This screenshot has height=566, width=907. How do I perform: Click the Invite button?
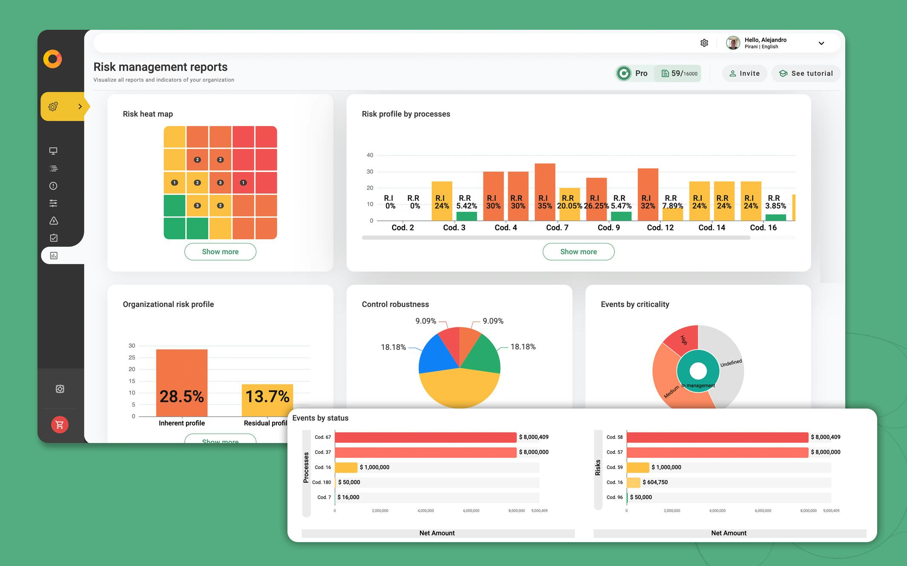tap(744, 74)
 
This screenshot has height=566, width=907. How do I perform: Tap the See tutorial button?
tap(806, 74)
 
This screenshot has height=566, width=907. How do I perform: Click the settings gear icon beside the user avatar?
tap(704, 43)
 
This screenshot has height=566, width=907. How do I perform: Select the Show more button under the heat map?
tap(220, 252)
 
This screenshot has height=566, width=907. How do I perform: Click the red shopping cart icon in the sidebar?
tap(60, 424)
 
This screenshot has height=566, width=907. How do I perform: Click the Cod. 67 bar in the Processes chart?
tap(425, 437)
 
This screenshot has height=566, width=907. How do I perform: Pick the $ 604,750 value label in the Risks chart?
tap(655, 482)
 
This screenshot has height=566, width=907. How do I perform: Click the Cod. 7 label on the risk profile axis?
tap(557, 228)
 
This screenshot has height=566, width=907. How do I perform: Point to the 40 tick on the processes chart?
tap(370, 155)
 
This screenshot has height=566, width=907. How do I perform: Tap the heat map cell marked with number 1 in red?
tap(243, 183)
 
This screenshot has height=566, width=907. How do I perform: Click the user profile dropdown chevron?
tap(821, 43)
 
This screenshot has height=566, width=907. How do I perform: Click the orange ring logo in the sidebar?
tap(53, 59)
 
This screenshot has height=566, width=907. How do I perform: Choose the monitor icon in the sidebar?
tap(53, 151)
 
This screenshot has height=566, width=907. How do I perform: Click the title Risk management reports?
tap(161, 67)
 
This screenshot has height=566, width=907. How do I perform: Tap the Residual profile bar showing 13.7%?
tap(267, 400)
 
